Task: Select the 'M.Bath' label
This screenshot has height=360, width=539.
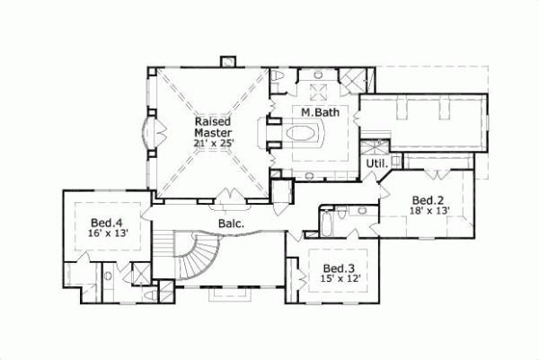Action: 318,112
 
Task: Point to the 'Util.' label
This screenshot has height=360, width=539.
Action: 375,165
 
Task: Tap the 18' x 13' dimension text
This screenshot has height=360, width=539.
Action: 429,211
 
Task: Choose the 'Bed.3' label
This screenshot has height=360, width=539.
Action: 339,267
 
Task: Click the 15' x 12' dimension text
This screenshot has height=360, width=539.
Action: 339,278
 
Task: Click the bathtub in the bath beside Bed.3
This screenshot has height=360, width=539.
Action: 328,220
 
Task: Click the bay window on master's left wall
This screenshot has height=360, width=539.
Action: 149,131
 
